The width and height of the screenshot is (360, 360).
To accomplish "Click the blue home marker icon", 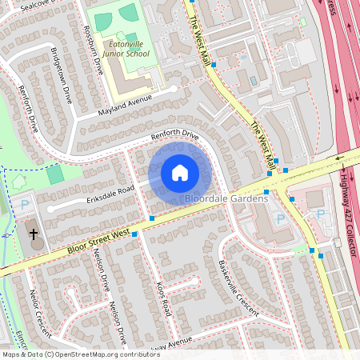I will pyautogui.click(x=180, y=172).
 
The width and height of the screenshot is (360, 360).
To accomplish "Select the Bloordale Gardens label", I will pyautogui.click(x=226, y=198).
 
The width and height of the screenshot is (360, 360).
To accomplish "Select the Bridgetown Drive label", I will pyautogui.click(x=62, y=75).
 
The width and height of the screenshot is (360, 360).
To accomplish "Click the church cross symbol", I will pyautogui.click(x=34, y=235).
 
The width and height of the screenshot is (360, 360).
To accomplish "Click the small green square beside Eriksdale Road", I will pyautogui.click(x=54, y=174).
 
